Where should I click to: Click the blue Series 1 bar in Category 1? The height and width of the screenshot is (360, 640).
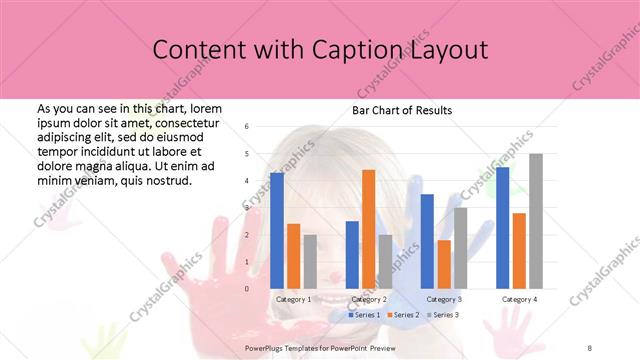(277, 231)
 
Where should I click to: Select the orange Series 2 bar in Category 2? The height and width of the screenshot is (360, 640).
(368, 229)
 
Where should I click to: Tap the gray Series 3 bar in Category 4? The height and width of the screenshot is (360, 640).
(536, 221)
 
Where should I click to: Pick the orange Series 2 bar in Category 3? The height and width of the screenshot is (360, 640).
(444, 264)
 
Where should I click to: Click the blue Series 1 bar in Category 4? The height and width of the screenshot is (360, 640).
(503, 228)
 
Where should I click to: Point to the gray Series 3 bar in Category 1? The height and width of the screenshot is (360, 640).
(310, 262)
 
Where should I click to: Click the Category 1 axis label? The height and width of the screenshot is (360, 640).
(293, 299)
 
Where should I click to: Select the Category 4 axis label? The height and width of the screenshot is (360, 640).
(519, 299)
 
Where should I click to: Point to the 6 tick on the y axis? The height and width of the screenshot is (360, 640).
(247, 127)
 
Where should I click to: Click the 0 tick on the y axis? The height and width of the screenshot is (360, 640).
(247, 289)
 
